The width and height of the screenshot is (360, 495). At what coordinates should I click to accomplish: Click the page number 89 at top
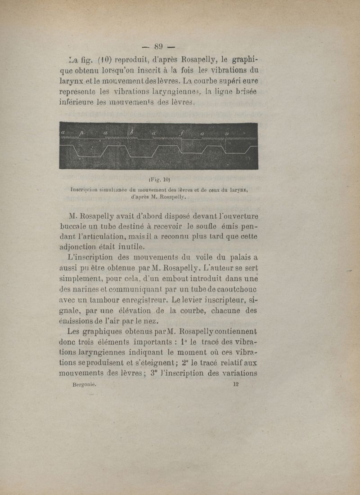tap(158, 46)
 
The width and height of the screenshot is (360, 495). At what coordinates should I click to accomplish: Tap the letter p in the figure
tap(82, 133)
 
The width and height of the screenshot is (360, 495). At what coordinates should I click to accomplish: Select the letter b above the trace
tap(132, 132)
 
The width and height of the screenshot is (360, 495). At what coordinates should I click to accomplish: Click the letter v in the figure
tap(227, 133)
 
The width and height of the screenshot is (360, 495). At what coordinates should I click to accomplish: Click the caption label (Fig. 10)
tap(158, 180)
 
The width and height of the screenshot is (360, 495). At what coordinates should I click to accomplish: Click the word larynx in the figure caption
tap(238, 189)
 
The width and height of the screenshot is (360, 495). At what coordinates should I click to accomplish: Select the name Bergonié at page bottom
tap(85, 385)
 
